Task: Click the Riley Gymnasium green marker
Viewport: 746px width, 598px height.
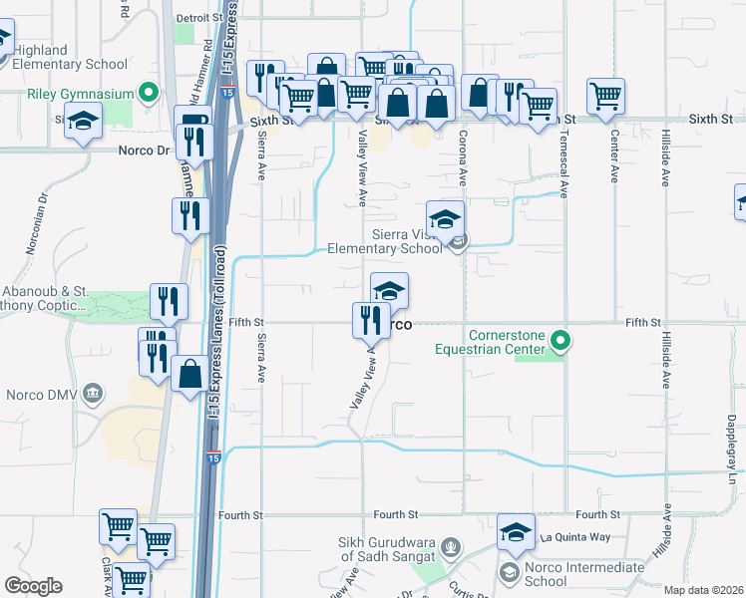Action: click(x=150, y=95)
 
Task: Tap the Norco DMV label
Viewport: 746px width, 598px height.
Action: click(x=41, y=396)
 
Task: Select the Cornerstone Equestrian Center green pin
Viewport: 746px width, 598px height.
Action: click(x=560, y=342)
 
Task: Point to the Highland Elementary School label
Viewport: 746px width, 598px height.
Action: click(x=69, y=58)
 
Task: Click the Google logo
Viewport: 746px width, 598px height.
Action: click(x=33, y=586)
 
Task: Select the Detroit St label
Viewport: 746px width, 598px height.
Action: click(x=199, y=18)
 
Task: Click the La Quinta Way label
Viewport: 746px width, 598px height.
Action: click(x=572, y=537)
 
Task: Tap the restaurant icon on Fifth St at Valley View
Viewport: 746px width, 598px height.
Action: click(x=371, y=320)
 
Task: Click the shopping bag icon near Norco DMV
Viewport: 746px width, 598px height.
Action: click(x=189, y=375)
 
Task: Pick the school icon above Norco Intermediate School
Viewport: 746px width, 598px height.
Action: click(x=516, y=531)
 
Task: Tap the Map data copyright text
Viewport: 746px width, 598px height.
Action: click(x=704, y=590)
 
